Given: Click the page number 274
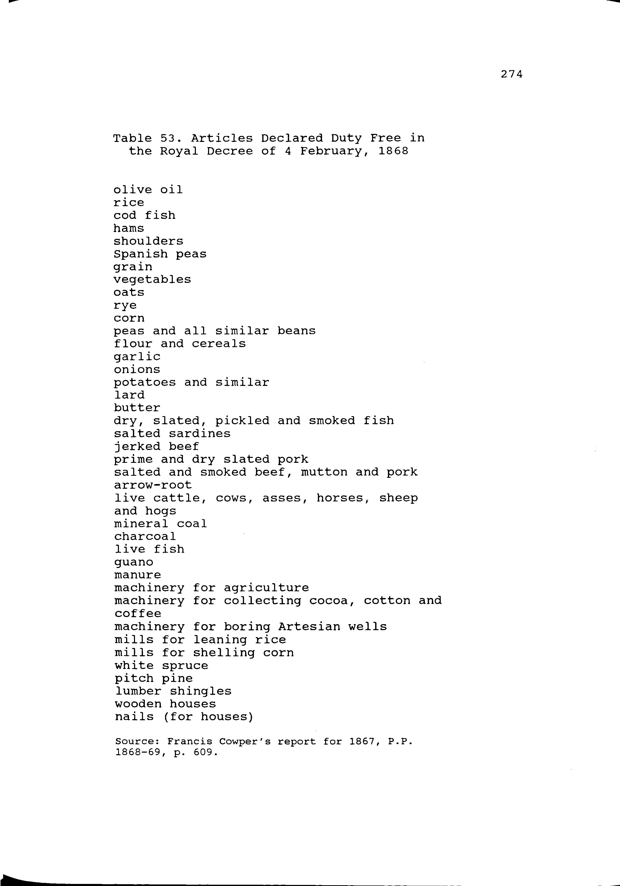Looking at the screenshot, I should coord(511,74).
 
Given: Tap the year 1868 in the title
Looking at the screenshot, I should coord(393,151).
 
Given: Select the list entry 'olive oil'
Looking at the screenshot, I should coord(148,190).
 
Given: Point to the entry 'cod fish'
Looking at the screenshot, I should coord(144,215).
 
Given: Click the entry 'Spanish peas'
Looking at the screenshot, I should coord(160,254).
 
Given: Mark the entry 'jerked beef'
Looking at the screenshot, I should coord(156,446).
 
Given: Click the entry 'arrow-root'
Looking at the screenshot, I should coord(153,485).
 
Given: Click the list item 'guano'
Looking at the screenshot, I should coord(134,562).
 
